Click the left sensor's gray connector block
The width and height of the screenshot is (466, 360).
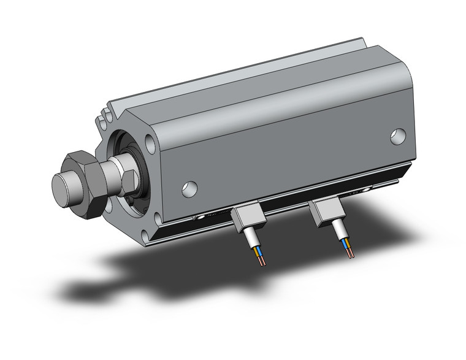coord(247,218)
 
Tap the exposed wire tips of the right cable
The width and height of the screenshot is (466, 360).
coord(351,252)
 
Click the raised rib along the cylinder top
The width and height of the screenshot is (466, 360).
coord(245,74)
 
